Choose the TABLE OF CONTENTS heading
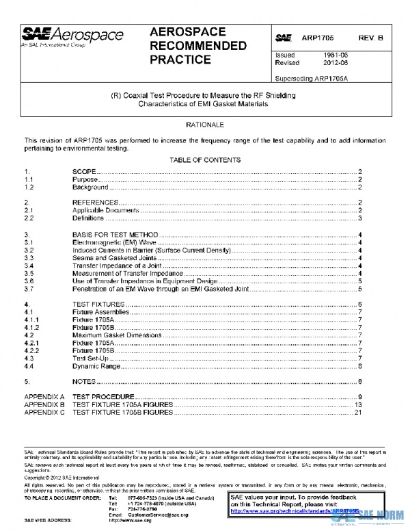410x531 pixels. click(x=204, y=160)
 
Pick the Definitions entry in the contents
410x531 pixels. click(x=88, y=218)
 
